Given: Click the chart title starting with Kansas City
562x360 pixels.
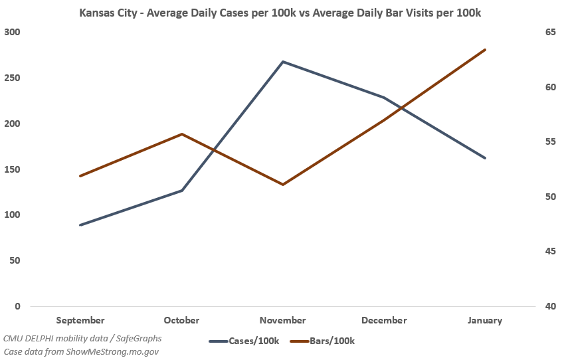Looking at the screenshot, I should pos(280,13).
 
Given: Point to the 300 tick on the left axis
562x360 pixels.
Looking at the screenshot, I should pos(13,32).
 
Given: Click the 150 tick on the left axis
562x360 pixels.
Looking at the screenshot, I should pos(13,169).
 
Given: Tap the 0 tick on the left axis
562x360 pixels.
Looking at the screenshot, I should pos(17,306).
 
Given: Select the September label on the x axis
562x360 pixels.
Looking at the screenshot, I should pos(80,320).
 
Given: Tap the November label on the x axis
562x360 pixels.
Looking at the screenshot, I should pos(283,320).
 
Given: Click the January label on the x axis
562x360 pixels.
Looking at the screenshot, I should pos(485,320).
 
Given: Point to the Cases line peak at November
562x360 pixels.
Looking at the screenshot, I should pos(283,62).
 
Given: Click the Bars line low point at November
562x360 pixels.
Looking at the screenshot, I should pos(283,185).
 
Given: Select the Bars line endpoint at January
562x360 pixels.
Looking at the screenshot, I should pos(486,50).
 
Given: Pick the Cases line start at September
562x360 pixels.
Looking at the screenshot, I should pos(80,225).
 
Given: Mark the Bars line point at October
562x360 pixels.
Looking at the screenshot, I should pos(182,134).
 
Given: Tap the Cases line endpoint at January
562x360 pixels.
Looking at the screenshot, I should pos(486,158).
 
